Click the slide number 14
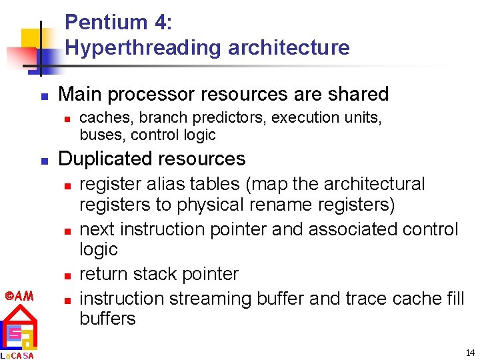click(470, 353)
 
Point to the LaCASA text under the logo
click(17, 355)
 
